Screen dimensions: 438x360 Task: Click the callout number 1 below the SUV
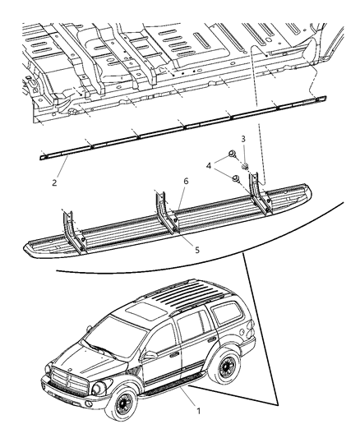[196, 405]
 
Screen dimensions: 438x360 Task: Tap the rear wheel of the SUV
[229, 367]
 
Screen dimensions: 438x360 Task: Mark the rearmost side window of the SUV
[223, 320]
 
